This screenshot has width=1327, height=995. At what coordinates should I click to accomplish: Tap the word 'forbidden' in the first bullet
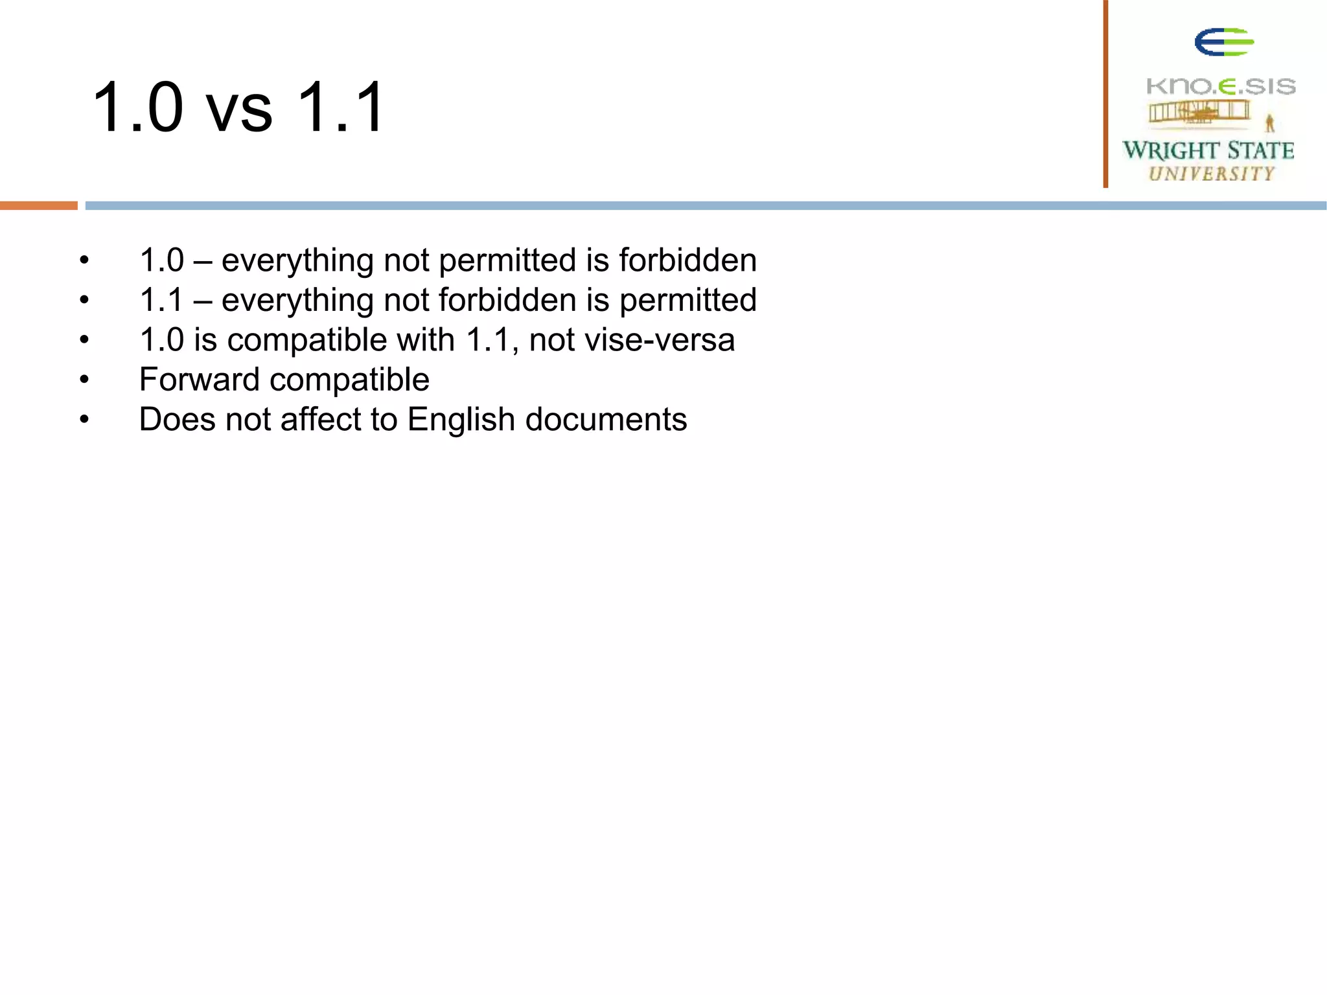(687, 260)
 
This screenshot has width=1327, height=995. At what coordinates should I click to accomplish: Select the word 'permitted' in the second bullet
(687, 301)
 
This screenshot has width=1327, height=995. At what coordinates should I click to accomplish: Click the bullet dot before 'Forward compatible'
(84, 380)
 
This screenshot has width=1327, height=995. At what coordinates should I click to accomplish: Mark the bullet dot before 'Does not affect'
(84, 420)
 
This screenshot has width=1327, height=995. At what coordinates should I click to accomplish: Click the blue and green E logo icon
(1223, 43)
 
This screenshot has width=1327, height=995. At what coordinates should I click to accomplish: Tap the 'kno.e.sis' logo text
(1221, 86)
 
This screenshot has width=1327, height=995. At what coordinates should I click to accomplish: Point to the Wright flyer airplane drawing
(1199, 113)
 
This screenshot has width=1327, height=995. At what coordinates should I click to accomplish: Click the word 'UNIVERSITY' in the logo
(1212, 174)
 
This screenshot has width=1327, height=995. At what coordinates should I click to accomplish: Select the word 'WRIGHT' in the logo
(1170, 150)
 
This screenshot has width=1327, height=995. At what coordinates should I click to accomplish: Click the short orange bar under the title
(39, 205)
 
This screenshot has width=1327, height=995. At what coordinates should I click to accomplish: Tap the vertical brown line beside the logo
(1105, 94)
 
